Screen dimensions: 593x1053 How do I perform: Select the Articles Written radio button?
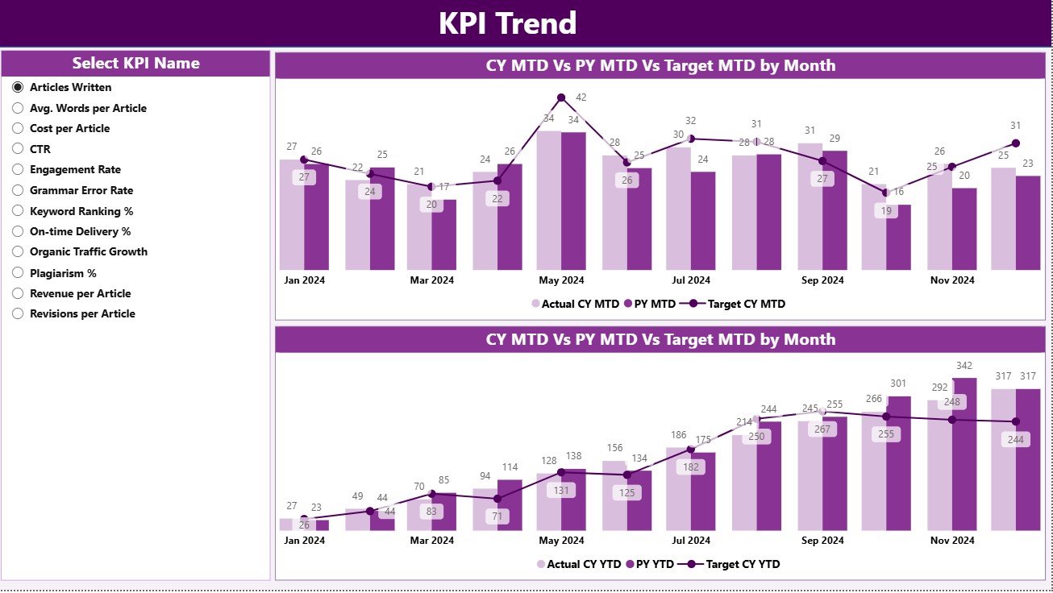click(18, 87)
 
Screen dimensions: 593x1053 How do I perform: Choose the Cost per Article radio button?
click(18, 128)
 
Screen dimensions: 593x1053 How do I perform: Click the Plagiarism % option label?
click(63, 273)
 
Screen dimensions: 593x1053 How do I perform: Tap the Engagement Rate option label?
click(75, 170)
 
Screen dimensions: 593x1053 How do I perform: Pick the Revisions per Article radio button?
click(18, 314)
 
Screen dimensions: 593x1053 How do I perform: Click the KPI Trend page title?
click(507, 23)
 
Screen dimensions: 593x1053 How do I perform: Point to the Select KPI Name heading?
click(135, 64)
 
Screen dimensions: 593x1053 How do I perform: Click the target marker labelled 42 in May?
click(561, 98)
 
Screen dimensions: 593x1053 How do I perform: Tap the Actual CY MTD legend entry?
click(575, 304)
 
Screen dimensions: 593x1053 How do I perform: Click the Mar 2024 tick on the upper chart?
click(431, 280)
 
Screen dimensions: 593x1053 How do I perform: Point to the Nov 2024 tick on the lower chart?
click(951, 541)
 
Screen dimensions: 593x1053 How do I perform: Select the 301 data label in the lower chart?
click(899, 384)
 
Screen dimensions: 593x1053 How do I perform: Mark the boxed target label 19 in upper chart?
click(885, 211)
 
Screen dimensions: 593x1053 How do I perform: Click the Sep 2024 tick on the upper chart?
click(822, 280)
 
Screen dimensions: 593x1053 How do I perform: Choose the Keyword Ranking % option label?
click(81, 211)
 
